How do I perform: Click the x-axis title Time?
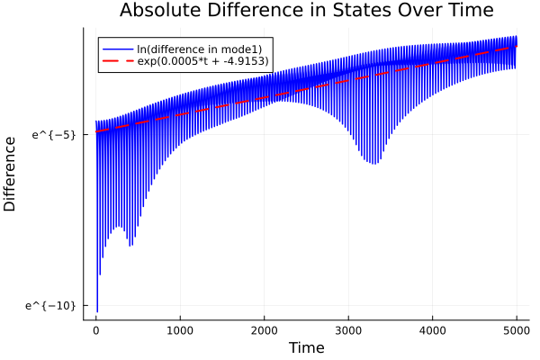[306, 347]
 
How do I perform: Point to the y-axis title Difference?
[11, 174]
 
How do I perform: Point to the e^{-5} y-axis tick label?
[54, 135]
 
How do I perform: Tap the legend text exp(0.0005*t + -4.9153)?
[202, 61]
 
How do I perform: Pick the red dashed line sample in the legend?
[118, 61]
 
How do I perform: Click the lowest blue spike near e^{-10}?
[97, 311]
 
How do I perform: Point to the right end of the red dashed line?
[517, 47]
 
